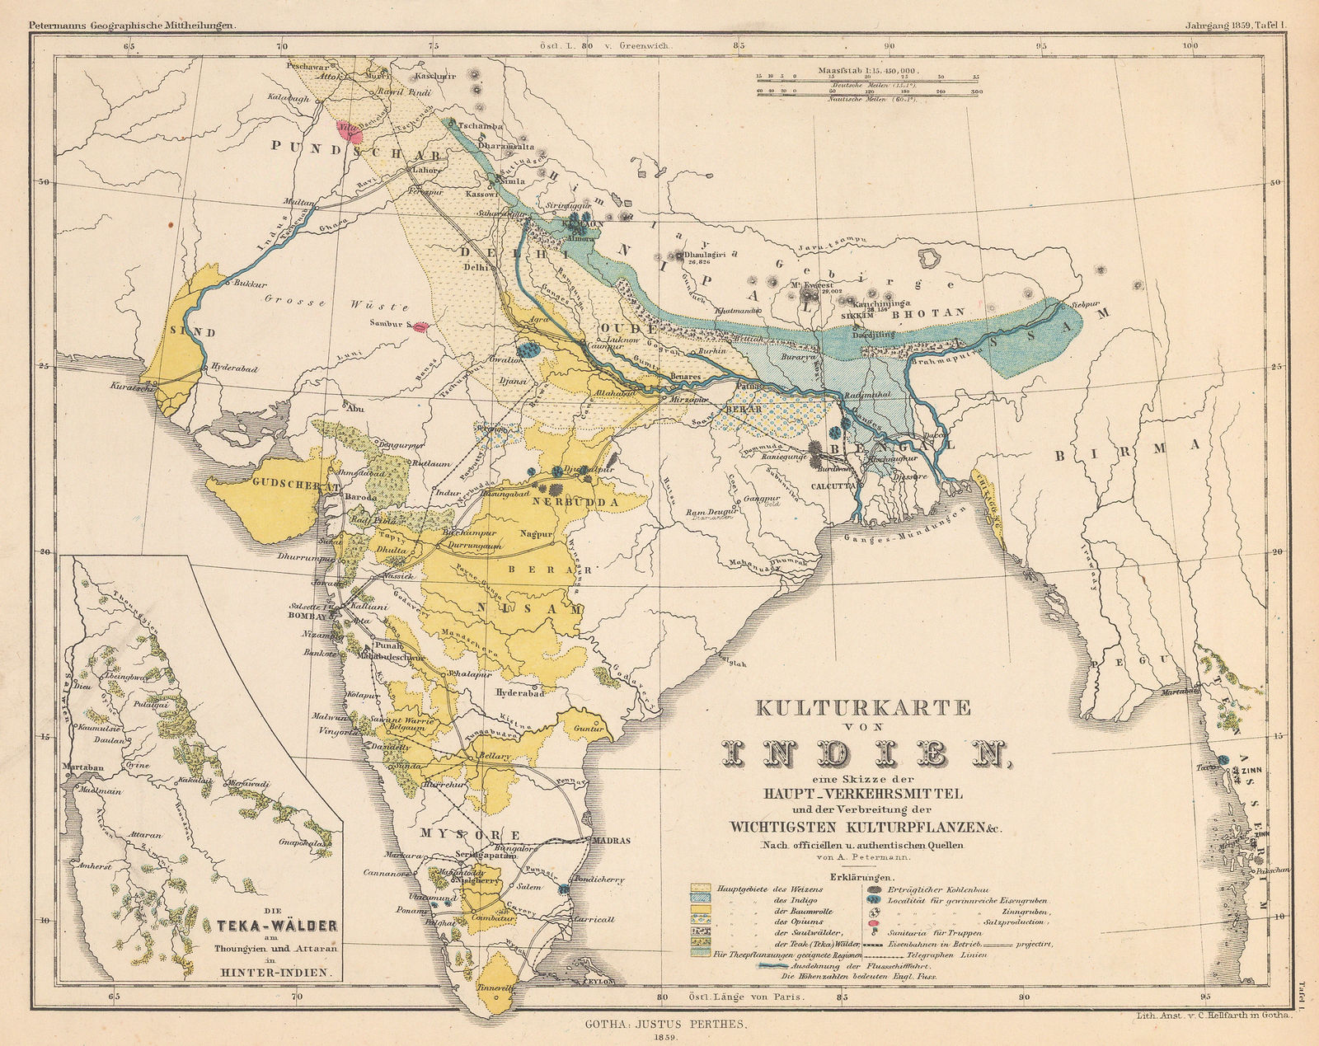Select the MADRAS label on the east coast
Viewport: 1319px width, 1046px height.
pyautogui.click(x=611, y=841)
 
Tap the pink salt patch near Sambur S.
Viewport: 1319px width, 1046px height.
pyautogui.click(x=420, y=327)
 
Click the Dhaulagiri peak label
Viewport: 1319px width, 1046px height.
pyautogui.click(x=705, y=255)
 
